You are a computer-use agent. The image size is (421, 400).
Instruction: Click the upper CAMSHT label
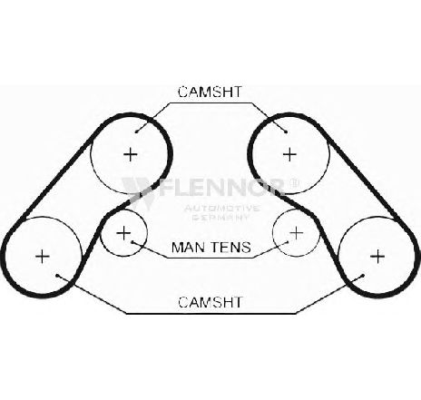[210, 92]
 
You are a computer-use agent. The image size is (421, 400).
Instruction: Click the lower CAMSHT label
[210, 302]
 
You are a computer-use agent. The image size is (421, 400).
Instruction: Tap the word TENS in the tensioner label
[230, 247]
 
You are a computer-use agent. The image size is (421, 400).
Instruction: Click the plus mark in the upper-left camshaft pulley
[131, 154]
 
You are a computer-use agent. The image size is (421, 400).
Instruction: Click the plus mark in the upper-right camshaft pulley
[289, 154]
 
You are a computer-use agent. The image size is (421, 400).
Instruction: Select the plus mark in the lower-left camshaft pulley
[43, 257]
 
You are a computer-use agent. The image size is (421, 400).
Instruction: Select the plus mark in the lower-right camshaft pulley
[377, 257]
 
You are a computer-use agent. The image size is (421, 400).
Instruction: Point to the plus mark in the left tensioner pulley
[123, 233]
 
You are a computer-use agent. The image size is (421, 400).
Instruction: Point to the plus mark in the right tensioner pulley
[297, 233]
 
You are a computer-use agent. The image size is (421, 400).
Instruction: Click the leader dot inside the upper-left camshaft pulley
[136, 132]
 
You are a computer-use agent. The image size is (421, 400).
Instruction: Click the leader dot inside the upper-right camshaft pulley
[286, 132]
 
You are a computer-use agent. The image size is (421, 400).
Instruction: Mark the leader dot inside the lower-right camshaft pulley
[363, 275]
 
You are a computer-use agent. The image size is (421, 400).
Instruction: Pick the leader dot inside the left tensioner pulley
[132, 241]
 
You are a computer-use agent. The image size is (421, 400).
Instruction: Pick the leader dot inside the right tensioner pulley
[288, 241]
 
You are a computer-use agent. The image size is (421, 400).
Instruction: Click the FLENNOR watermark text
[224, 188]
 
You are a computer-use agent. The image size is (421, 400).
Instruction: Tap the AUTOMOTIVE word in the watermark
[221, 208]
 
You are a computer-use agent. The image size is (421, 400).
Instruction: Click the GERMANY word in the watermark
[221, 217]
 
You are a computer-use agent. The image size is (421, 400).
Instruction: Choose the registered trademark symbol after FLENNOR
[295, 183]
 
